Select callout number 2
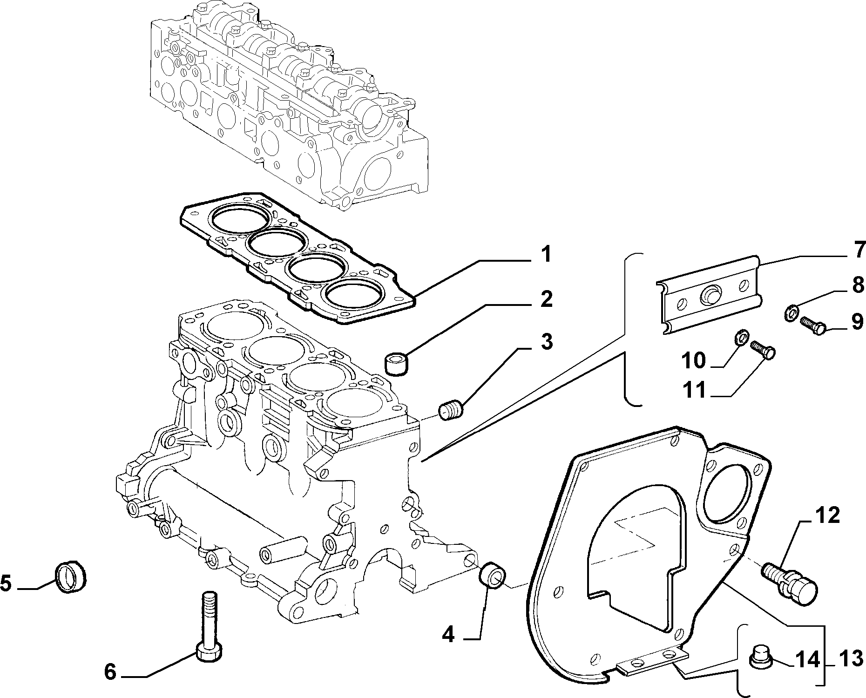[x=546, y=299]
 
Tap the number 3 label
[x=546, y=342]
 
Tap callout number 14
[x=807, y=659]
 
